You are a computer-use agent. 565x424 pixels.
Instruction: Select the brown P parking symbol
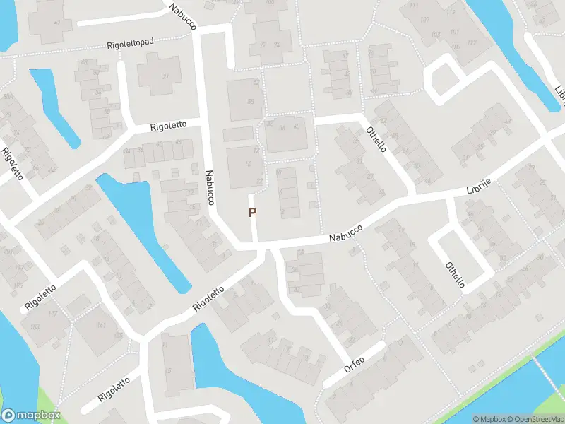(x=252, y=212)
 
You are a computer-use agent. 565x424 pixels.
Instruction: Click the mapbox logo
(x=30, y=416)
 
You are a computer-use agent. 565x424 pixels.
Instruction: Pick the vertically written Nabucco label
(x=210, y=187)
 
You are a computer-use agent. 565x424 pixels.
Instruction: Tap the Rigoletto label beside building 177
(x=40, y=295)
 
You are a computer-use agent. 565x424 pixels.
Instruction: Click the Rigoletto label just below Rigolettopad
(x=168, y=125)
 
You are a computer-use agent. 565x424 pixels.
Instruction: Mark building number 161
(x=102, y=326)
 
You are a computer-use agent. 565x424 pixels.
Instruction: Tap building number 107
(x=424, y=19)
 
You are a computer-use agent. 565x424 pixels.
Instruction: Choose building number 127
(x=472, y=42)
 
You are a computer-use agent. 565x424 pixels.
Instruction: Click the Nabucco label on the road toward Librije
(x=346, y=235)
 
